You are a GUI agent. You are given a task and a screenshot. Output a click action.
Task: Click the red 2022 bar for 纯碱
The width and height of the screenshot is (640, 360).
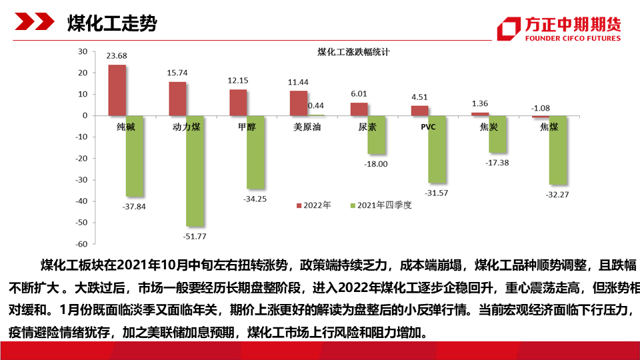point(117,90)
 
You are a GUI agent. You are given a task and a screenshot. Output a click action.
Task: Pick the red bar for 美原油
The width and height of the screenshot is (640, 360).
point(299,103)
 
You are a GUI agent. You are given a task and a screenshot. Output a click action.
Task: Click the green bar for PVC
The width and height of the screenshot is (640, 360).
point(437,149)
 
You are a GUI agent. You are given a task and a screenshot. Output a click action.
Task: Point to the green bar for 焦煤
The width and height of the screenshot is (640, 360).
point(558,150)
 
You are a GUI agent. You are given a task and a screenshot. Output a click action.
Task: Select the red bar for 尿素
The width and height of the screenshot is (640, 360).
point(359,109)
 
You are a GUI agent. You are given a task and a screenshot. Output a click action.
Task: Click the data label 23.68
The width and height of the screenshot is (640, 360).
point(117,55)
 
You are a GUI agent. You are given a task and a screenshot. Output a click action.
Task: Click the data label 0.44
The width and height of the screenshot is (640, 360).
point(316,105)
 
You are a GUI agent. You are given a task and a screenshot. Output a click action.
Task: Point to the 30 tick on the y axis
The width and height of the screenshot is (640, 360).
point(83,51)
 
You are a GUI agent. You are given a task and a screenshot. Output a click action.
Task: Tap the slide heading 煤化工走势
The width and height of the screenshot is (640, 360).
point(112,25)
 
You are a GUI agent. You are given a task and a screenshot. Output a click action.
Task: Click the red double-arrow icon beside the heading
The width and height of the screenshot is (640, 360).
point(34,24)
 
